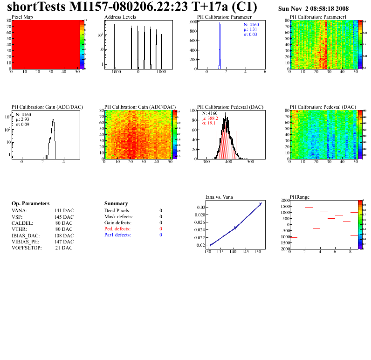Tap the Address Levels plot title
coord(120,17)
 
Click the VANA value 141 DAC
coord(64,211)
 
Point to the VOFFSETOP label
coord(27,248)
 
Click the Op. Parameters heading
coord(30,204)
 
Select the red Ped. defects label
coord(117,229)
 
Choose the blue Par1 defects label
coord(117,235)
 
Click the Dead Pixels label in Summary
coord(117,211)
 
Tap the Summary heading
coord(116,204)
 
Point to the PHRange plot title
coord(300,197)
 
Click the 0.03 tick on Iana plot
coord(200,207)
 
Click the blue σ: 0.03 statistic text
coord(251,34)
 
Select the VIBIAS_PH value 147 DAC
coord(64,242)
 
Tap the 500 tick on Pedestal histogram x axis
coord(250,163)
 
